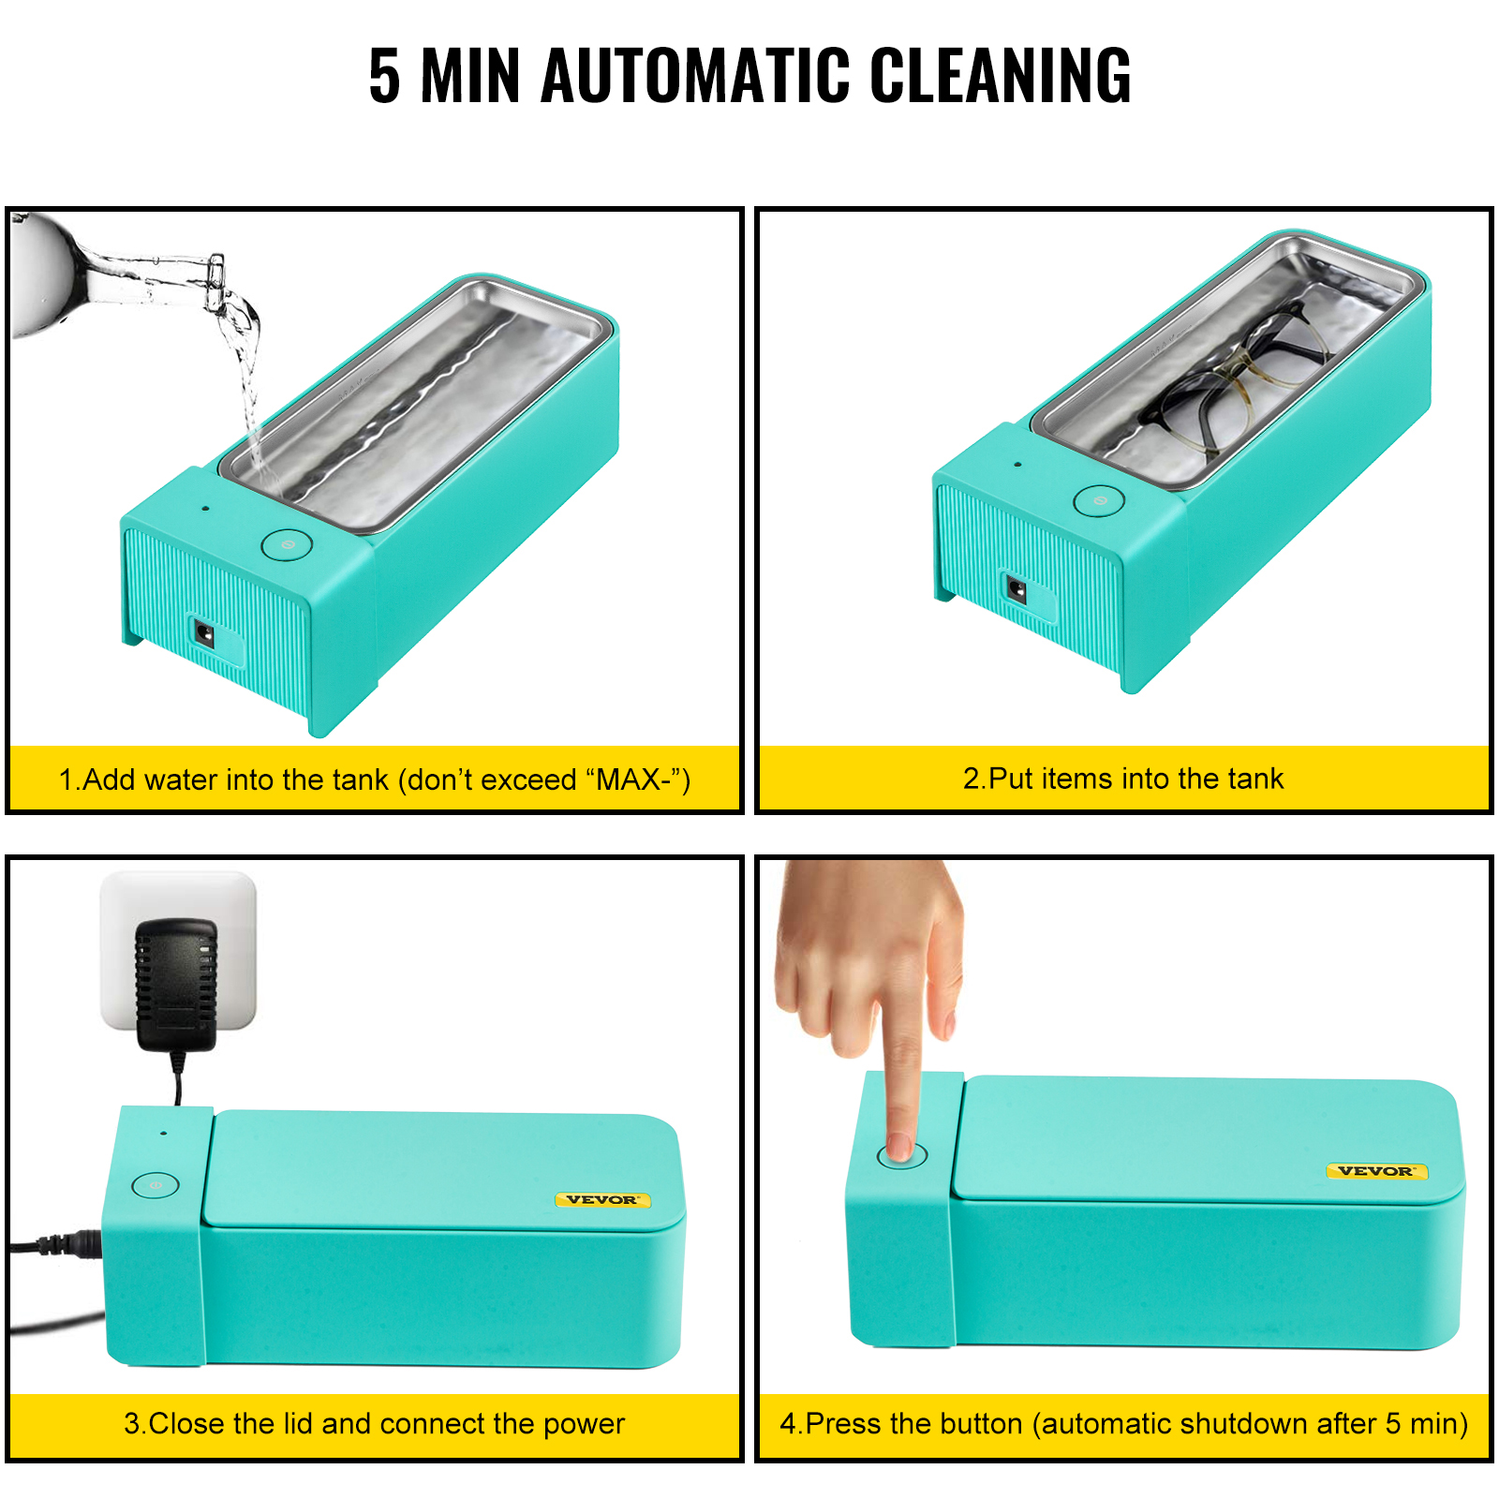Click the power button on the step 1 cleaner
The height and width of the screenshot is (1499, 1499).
coord(286,544)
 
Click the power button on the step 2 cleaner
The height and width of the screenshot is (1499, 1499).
coord(1099,501)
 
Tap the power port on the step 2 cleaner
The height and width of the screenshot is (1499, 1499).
coord(1017,590)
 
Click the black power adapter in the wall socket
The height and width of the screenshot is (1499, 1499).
coord(176,984)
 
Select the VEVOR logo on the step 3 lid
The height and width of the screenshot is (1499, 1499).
coord(602,1199)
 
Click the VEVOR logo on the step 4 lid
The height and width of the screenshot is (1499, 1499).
coord(1375,1171)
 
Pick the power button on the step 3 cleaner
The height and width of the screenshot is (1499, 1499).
coord(156,1185)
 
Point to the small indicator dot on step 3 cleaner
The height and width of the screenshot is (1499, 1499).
coord(164,1133)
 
